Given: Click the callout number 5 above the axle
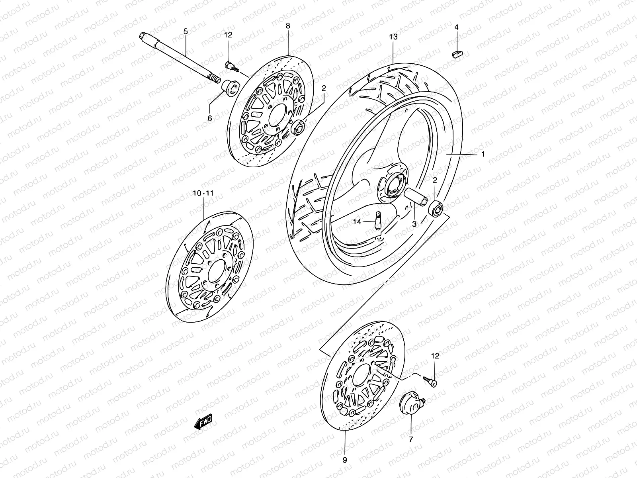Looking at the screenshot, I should pyautogui.click(x=185, y=31).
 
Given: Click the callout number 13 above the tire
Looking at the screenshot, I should pyautogui.click(x=393, y=37).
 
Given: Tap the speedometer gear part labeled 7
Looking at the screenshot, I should pyautogui.click(x=410, y=404).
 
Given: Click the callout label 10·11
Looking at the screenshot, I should pyautogui.click(x=203, y=193).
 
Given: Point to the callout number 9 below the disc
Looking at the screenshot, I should pyautogui.click(x=345, y=459).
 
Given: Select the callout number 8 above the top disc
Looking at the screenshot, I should pyautogui.click(x=288, y=26).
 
